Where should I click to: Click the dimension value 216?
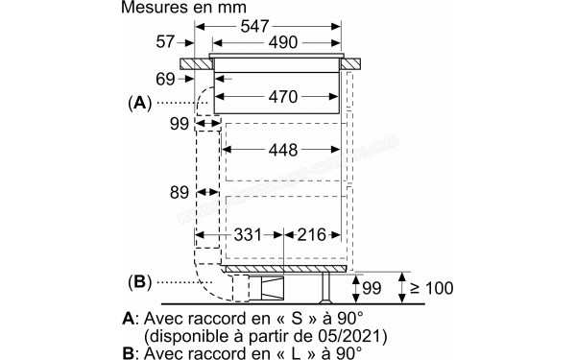pos(313,234)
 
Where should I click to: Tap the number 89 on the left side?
pos(179,192)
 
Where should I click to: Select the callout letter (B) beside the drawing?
pos(140,282)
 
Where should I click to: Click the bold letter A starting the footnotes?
pos(128,317)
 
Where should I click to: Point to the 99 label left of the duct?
pos(179,124)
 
